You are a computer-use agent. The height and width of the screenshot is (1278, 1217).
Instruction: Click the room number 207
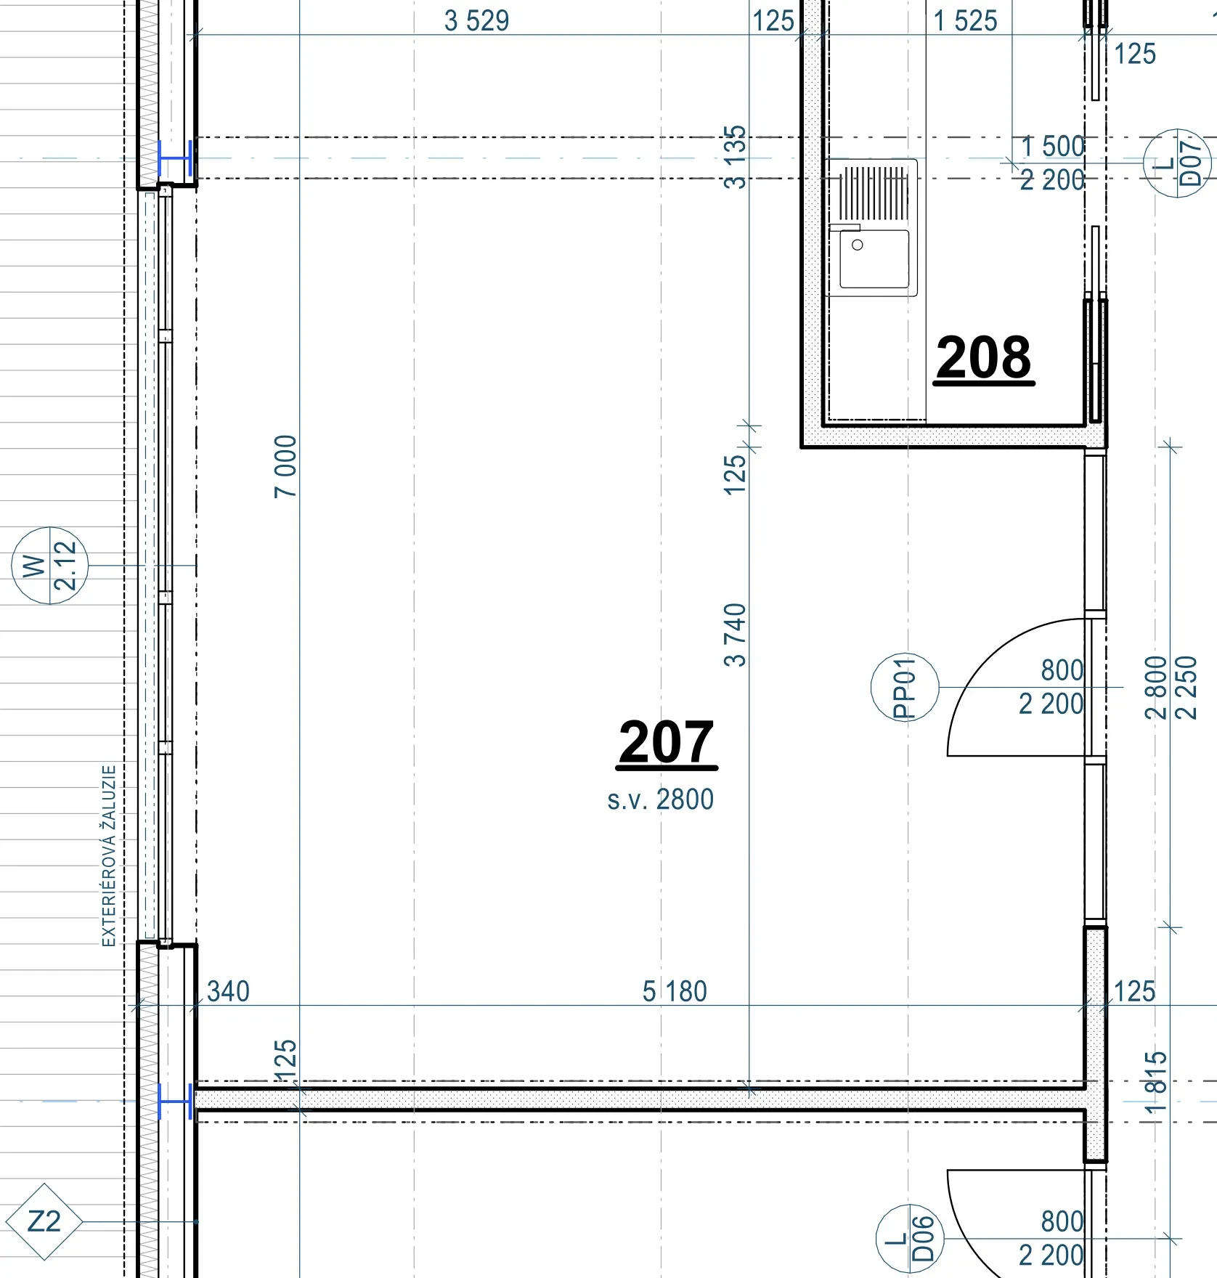point(667,741)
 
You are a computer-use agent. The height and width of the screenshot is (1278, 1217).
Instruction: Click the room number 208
point(983,357)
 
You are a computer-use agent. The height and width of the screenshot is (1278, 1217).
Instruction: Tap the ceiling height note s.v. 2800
point(661,799)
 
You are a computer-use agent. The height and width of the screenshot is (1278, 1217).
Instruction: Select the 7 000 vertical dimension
point(286,466)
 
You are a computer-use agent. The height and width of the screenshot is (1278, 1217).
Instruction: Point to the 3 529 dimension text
point(476,21)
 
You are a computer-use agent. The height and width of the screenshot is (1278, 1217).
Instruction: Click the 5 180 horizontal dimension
point(675,992)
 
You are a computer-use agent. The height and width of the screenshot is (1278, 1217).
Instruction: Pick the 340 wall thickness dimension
point(228,992)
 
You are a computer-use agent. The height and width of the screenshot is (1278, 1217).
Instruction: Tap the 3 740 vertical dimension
point(736,635)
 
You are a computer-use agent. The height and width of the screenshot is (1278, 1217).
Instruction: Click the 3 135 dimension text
point(736,158)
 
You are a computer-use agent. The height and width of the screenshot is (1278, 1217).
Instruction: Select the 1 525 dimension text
point(965,21)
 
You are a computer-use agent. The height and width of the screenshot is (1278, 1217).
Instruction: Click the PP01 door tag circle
point(905,687)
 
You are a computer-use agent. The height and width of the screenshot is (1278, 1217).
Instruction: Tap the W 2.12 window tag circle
point(49,566)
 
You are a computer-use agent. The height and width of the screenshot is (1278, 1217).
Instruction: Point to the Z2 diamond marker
point(44,1222)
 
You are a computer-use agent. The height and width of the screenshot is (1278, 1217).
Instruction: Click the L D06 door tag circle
point(910,1239)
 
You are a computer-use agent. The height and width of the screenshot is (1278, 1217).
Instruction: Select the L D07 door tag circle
point(1177,163)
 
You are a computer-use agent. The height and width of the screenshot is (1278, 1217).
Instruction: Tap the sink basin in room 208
point(874,259)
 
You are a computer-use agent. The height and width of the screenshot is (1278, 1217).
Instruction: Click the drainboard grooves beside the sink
point(874,193)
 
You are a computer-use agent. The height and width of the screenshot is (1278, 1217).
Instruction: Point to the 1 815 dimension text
point(1157,1083)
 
